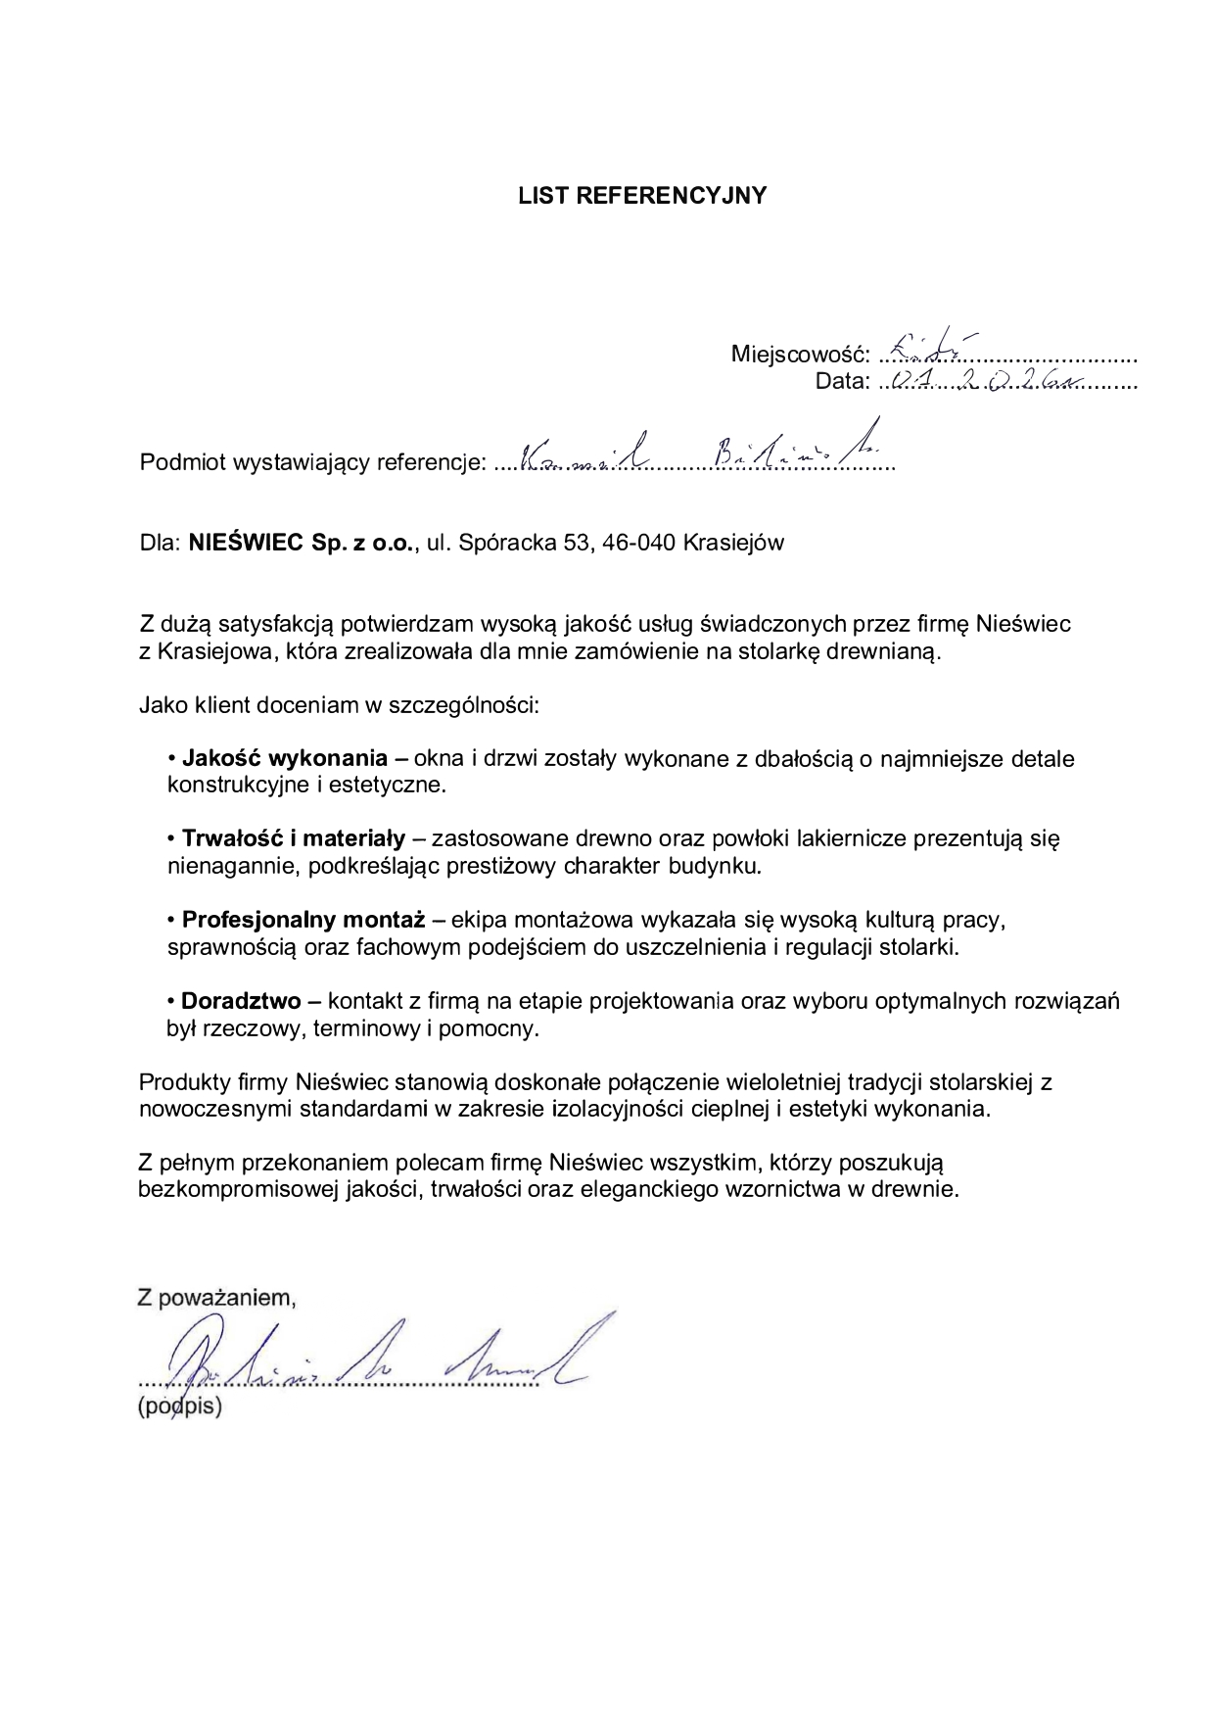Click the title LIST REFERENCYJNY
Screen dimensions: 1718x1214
[x=642, y=196]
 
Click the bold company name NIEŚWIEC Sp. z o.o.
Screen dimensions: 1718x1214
[x=303, y=543]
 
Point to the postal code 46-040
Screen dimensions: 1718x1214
[x=639, y=543]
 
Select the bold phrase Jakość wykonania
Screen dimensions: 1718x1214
[x=285, y=758]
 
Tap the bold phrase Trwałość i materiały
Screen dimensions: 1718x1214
[x=294, y=838]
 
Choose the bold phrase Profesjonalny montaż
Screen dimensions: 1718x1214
[x=303, y=920]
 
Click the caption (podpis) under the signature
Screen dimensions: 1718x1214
[x=180, y=1408]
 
